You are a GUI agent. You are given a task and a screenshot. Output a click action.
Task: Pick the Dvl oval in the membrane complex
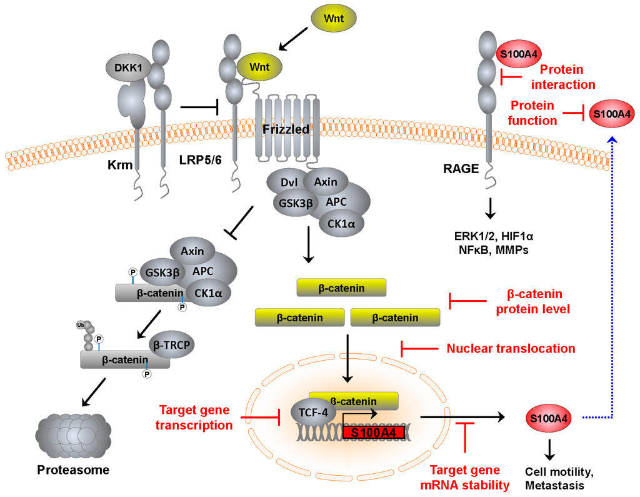coord(288,182)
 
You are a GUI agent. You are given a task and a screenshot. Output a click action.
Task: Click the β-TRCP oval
coord(171,344)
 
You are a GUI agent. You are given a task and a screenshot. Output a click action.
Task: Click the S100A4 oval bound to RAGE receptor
coord(517,53)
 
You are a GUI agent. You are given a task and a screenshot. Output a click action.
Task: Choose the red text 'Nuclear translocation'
coord(511,348)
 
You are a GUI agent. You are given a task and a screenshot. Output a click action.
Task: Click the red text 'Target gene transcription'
coord(194,418)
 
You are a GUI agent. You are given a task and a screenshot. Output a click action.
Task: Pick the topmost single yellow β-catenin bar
coord(341,288)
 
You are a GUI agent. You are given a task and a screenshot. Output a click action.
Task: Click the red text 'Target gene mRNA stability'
coord(466,477)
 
